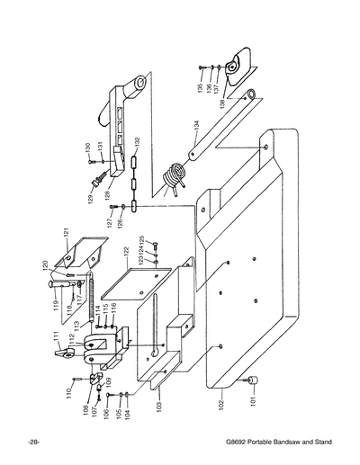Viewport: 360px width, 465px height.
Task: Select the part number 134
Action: (x=195, y=128)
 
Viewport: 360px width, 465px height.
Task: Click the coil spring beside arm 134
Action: (x=174, y=169)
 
